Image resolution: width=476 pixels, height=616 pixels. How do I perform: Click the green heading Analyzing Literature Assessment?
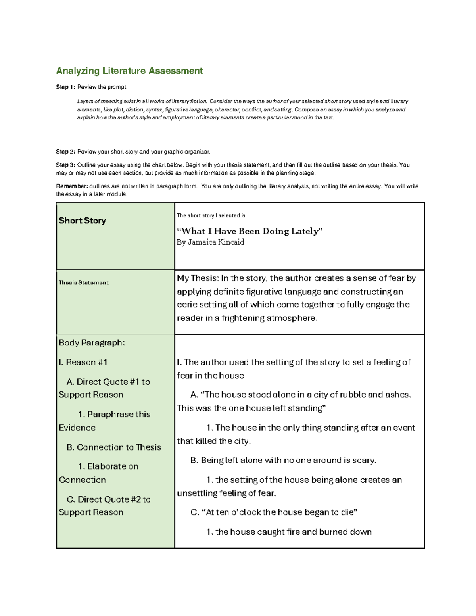point(129,71)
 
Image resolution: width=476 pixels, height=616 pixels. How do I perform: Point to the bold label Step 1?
point(65,87)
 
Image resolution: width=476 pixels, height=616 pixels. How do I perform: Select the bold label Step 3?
point(65,165)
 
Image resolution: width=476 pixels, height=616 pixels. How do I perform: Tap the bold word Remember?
point(72,186)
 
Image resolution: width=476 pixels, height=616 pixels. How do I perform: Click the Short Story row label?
point(82,221)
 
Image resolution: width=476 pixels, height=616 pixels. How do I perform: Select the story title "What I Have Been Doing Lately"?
point(250,231)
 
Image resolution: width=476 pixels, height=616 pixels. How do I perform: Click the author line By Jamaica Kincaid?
point(210,242)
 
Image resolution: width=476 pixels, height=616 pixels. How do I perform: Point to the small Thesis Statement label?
point(83,283)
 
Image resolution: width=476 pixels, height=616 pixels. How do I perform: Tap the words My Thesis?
point(198,278)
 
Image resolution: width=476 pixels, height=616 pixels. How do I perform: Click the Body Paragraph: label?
point(92,343)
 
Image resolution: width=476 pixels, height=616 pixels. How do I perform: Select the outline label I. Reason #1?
point(83,362)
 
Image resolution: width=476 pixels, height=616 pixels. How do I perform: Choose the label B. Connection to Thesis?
point(114,447)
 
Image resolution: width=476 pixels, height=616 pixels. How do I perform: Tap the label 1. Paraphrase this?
point(114,415)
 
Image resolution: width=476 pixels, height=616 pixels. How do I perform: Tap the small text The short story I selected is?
point(211,216)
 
